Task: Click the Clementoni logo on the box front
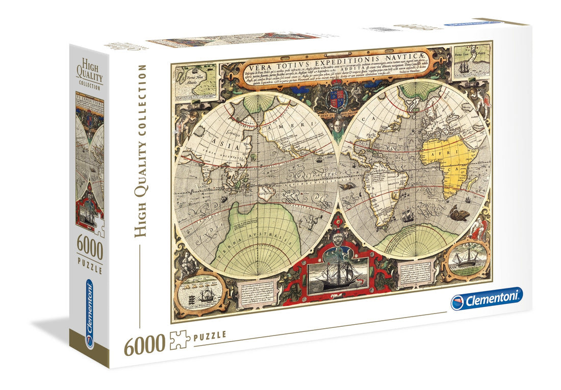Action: (487, 299)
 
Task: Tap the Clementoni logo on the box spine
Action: (90, 314)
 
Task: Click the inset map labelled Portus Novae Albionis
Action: (195, 83)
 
